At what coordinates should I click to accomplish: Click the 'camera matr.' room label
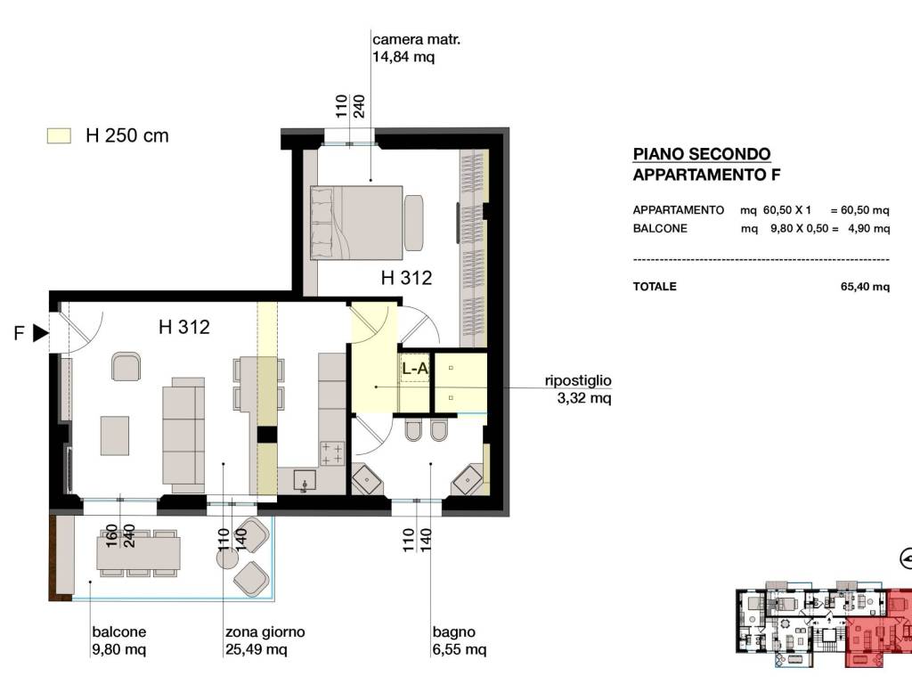click(417, 39)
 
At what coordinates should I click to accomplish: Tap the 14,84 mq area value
click(403, 57)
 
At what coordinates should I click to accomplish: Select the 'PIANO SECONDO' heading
click(702, 154)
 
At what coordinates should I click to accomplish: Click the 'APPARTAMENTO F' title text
click(706, 175)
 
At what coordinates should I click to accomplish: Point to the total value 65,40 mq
click(865, 287)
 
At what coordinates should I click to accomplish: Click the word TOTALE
click(655, 287)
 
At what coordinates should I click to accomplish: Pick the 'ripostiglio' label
click(578, 381)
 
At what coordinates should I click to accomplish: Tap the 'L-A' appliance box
click(415, 368)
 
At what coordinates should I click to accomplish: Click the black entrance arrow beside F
click(41, 333)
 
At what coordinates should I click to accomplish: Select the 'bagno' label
click(453, 632)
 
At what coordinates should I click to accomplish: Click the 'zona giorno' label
click(265, 632)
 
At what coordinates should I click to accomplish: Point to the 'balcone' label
click(119, 632)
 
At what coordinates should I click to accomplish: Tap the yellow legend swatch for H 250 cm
click(59, 136)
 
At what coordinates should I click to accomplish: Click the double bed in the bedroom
click(356, 223)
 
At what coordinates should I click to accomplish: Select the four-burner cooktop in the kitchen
click(332, 453)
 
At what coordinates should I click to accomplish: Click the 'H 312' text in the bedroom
click(406, 278)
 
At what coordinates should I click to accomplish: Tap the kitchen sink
click(305, 481)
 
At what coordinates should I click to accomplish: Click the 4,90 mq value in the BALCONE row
click(869, 229)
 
